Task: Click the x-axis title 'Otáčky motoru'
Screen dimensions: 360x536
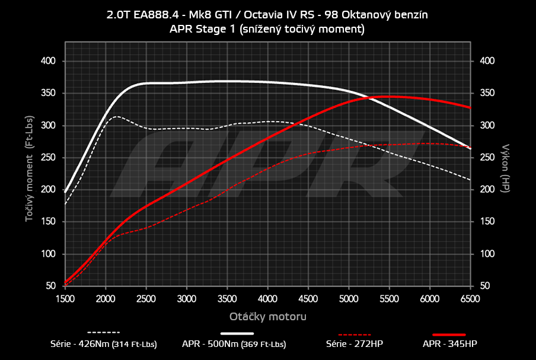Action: click(268, 316)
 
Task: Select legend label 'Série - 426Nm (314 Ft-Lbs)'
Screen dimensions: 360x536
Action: click(104, 344)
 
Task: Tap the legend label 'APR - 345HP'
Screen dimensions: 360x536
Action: click(449, 344)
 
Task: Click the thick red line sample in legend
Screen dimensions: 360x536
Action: click(449, 334)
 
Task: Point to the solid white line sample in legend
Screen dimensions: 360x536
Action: click(241, 333)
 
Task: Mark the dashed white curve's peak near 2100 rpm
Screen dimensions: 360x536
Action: click(116, 116)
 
